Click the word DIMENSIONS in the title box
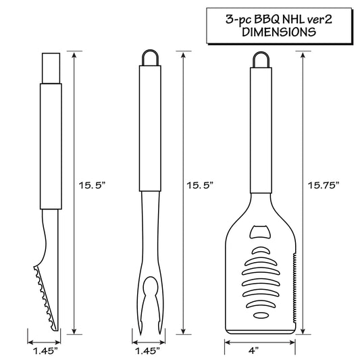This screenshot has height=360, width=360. (279, 32)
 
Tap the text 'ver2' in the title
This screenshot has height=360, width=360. (320, 20)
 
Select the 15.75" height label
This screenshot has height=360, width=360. (324, 185)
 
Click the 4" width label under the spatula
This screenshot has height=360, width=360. (253, 351)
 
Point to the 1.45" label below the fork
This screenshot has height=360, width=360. (147, 351)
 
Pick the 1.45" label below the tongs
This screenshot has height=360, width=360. (45, 351)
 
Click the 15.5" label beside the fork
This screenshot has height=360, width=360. (200, 185)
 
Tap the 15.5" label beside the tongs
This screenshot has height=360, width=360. (92, 185)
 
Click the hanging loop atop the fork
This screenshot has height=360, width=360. (150, 51)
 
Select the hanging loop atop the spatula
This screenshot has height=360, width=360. (261, 53)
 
